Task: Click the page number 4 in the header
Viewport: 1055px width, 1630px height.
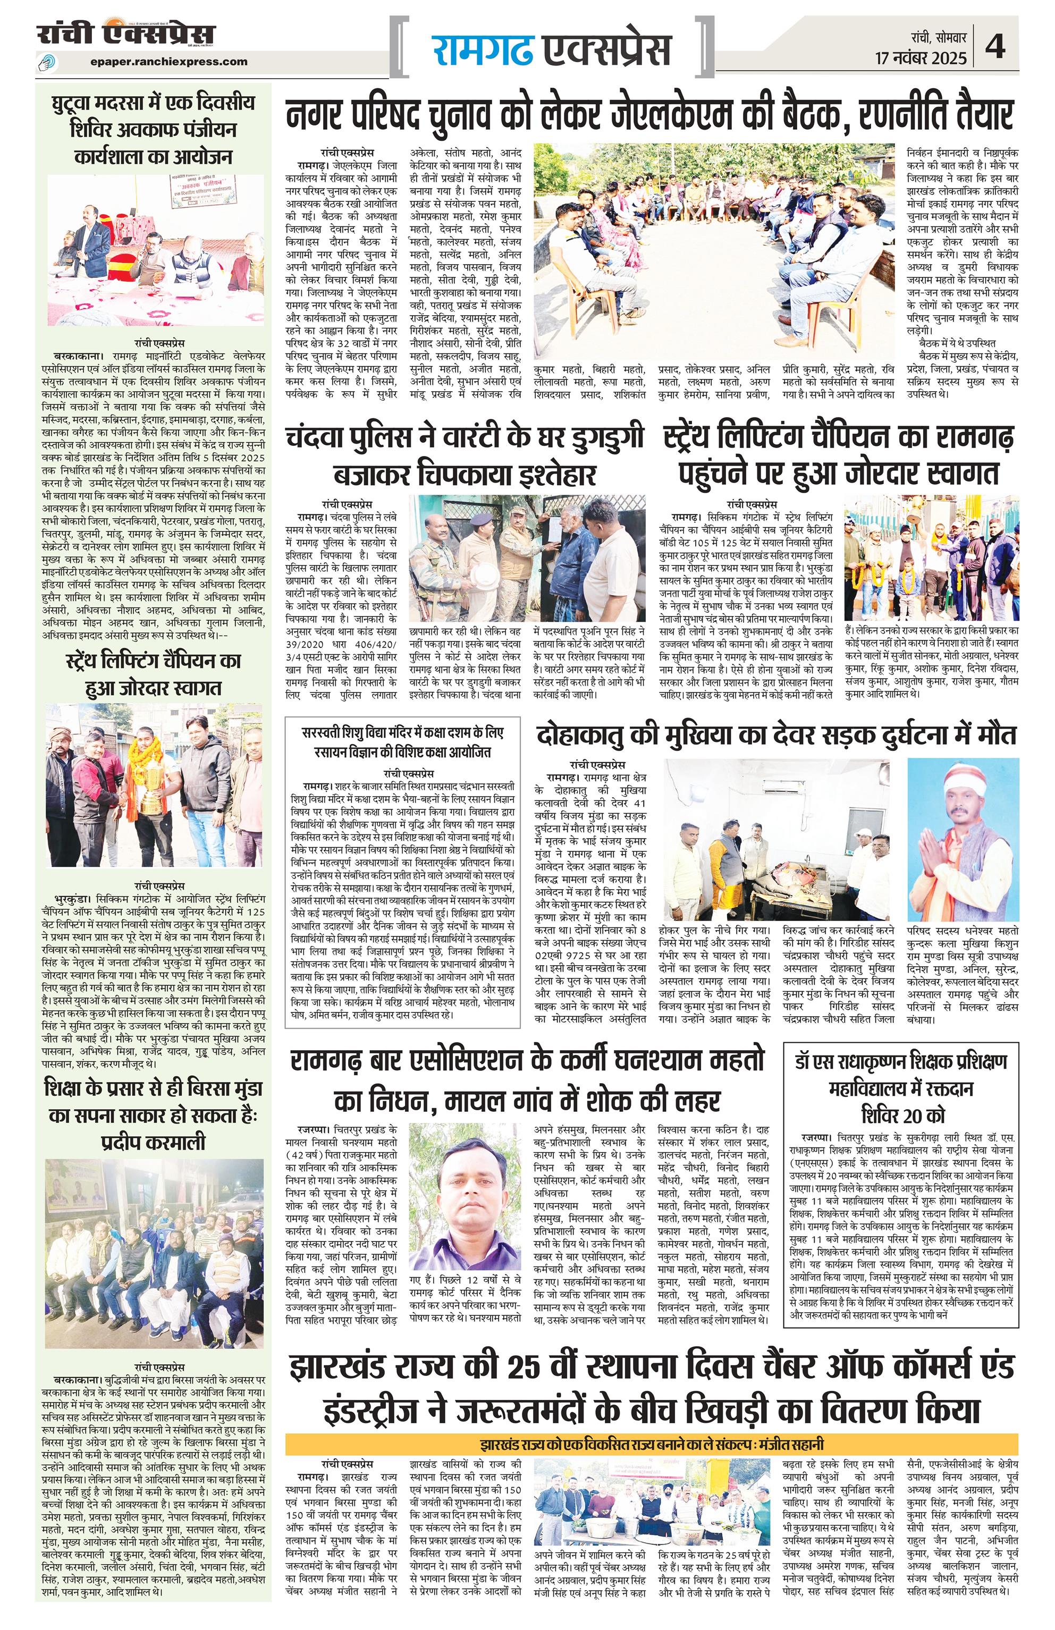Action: point(995,48)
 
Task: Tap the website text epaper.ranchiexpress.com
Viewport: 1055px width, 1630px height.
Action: point(168,62)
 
